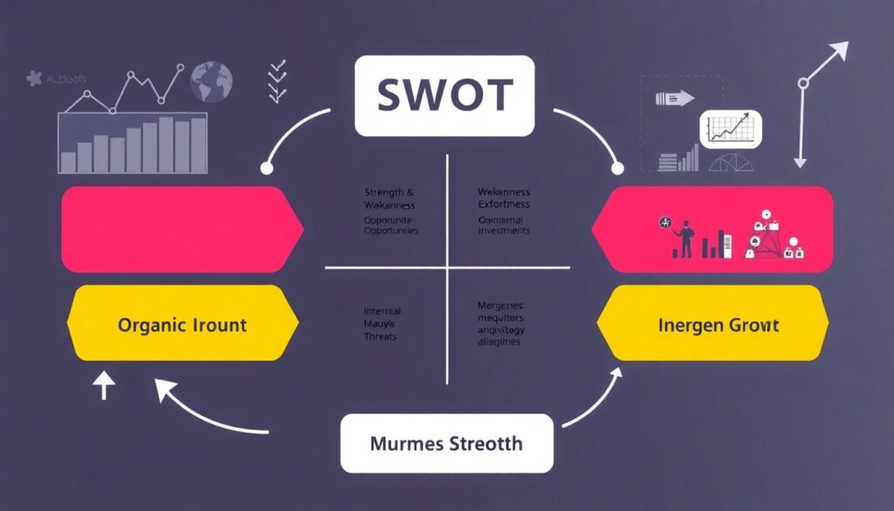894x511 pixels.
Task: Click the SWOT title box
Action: click(x=444, y=96)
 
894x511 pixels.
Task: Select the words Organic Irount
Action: click(x=182, y=326)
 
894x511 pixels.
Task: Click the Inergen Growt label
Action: click(x=719, y=326)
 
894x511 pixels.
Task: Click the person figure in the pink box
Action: click(x=685, y=238)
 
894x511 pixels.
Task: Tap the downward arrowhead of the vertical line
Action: click(x=799, y=161)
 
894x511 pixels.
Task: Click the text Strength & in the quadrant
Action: click(x=389, y=192)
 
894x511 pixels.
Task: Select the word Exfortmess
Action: click(x=504, y=204)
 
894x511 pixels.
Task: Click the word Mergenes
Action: click(x=500, y=306)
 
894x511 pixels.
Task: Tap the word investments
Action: click(x=505, y=231)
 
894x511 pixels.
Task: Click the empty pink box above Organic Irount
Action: click(x=180, y=228)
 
